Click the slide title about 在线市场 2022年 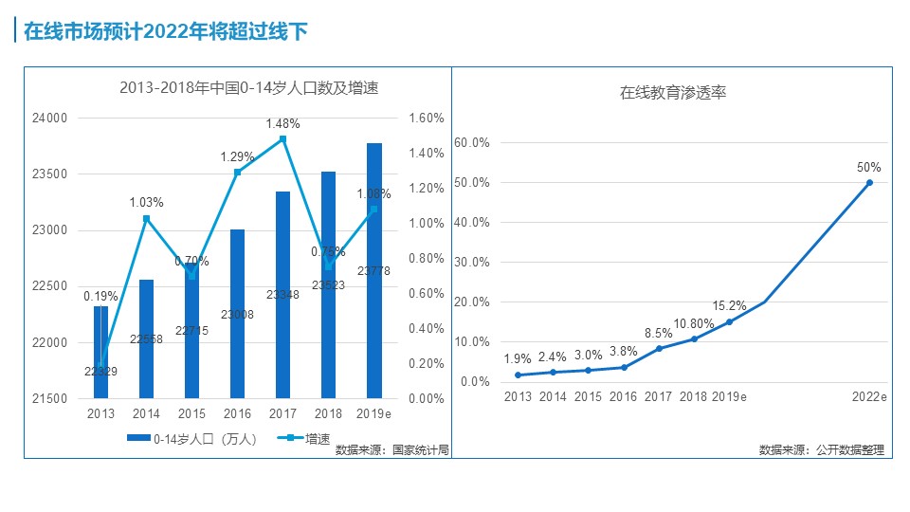[165, 31]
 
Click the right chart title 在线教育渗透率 [673, 93]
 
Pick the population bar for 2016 [237, 313]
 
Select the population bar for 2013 [100, 351]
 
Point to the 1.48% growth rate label [282, 123]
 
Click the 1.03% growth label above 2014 [147, 202]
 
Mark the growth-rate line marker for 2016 [238, 172]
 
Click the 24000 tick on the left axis [51, 119]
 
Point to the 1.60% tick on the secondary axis [426, 119]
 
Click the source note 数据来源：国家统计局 [391, 450]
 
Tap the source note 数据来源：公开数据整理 [821, 450]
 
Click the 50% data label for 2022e [869, 167]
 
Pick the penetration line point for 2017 [659, 348]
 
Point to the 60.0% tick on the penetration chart [472, 142]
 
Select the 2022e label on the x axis [869, 396]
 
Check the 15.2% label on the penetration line [730, 305]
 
